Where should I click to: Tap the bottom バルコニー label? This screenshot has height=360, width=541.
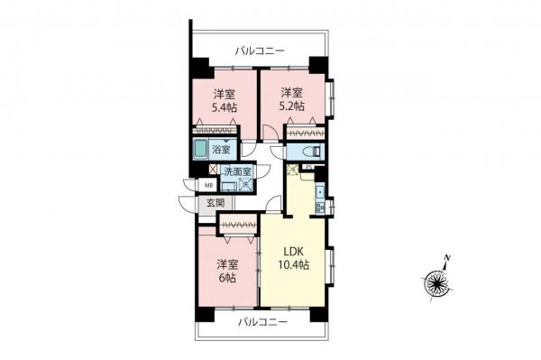coord(262,321)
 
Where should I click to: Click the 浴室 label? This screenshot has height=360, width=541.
coord(222,150)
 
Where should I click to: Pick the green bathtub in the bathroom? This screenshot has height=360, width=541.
coord(200,150)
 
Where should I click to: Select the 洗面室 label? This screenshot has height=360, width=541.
coord(237,171)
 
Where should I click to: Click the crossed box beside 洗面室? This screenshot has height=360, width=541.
coord(213,169)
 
